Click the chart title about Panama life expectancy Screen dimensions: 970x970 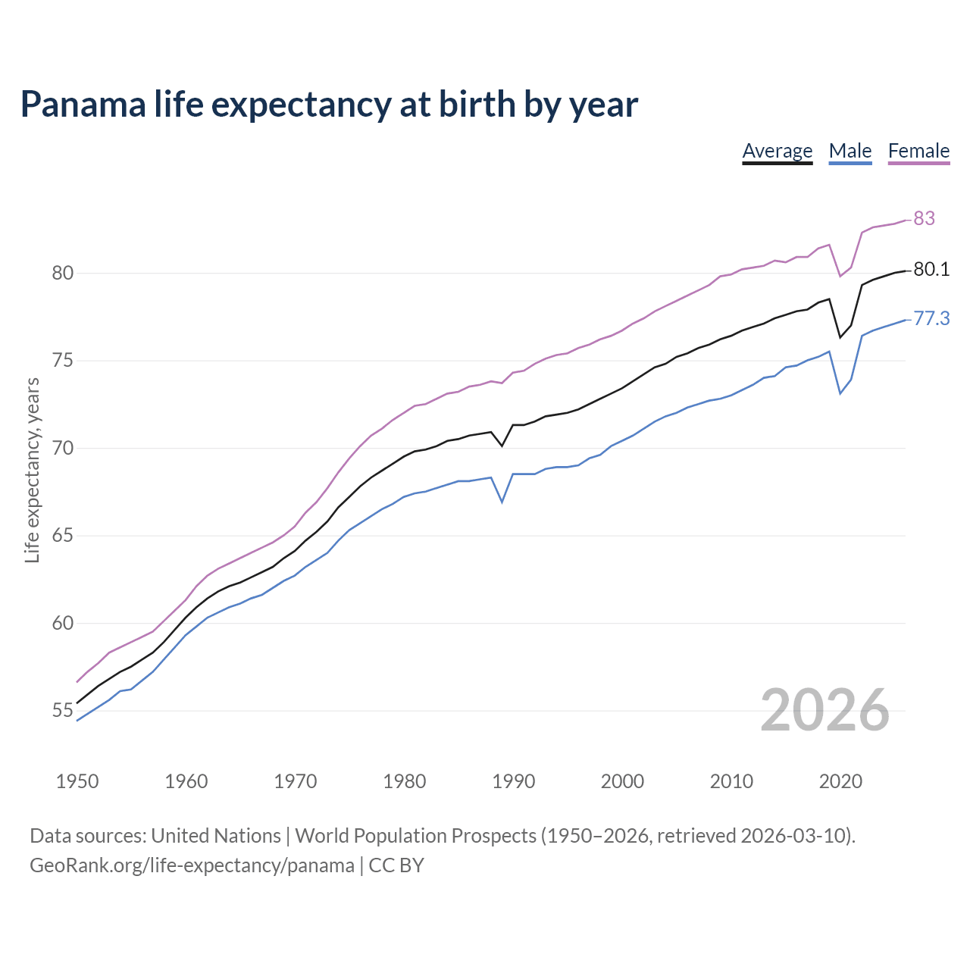[329, 105]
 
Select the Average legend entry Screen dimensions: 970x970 [777, 151]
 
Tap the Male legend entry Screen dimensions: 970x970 [850, 151]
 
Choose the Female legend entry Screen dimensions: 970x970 [918, 151]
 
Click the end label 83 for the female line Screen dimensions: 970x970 [924, 218]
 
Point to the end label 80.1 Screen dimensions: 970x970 [931, 270]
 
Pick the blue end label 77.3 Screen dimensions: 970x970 [931, 319]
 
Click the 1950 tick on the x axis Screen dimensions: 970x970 [77, 781]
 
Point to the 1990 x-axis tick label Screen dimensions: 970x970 [513, 781]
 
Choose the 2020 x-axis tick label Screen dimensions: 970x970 [840, 781]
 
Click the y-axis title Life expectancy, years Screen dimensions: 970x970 [33, 471]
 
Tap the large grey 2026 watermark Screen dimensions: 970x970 [824, 710]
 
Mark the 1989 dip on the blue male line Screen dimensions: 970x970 [502, 502]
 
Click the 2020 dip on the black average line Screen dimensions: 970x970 [840, 337]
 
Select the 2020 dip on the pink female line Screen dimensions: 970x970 [840, 276]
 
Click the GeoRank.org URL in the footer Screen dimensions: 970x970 [192, 865]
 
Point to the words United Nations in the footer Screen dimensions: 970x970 [216, 836]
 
